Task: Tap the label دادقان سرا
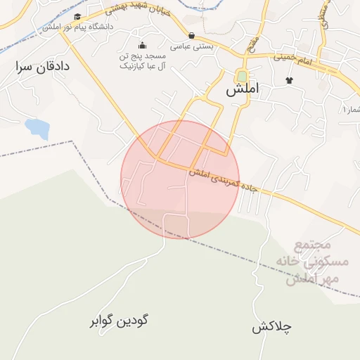[43, 67]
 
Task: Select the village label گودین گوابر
[119, 321]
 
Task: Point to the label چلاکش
[272, 327]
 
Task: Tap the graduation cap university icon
[77, 16]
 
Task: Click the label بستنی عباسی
[193, 45]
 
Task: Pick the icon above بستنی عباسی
[192, 34]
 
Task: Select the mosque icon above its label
[143, 45]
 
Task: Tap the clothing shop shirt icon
[289, 79]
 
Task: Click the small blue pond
[37, 128]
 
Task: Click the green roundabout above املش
[243, 76]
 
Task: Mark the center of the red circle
[180, 180]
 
